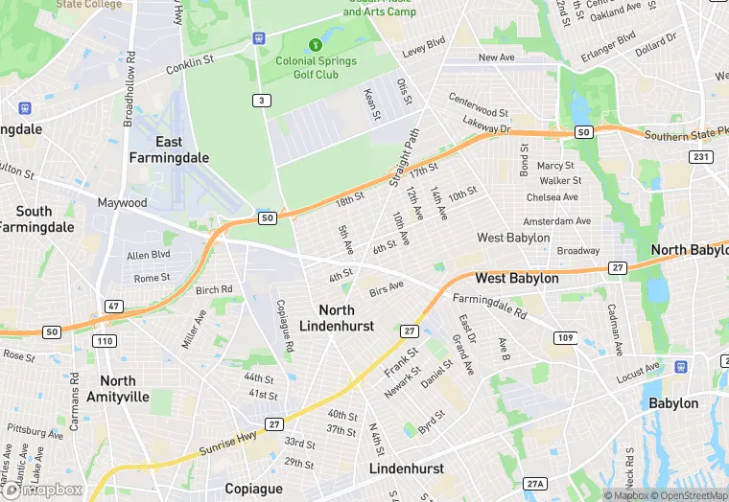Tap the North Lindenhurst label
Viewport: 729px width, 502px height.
coord(337,318)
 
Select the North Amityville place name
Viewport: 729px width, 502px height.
coord(118,388)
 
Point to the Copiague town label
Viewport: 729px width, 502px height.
coord(253,489)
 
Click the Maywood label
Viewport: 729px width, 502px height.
coord(122,203)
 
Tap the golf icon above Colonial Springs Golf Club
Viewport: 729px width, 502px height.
coord(316,44)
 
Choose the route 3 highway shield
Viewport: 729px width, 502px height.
coord(261,101)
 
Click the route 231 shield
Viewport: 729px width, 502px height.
coord(702,156)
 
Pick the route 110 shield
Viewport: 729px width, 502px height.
coord(104,340)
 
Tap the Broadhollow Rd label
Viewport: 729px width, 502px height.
coord(129,95)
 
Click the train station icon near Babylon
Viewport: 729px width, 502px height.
coord(682,366)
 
